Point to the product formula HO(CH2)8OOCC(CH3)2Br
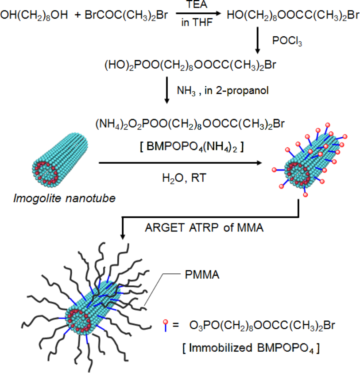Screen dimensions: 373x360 293,16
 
